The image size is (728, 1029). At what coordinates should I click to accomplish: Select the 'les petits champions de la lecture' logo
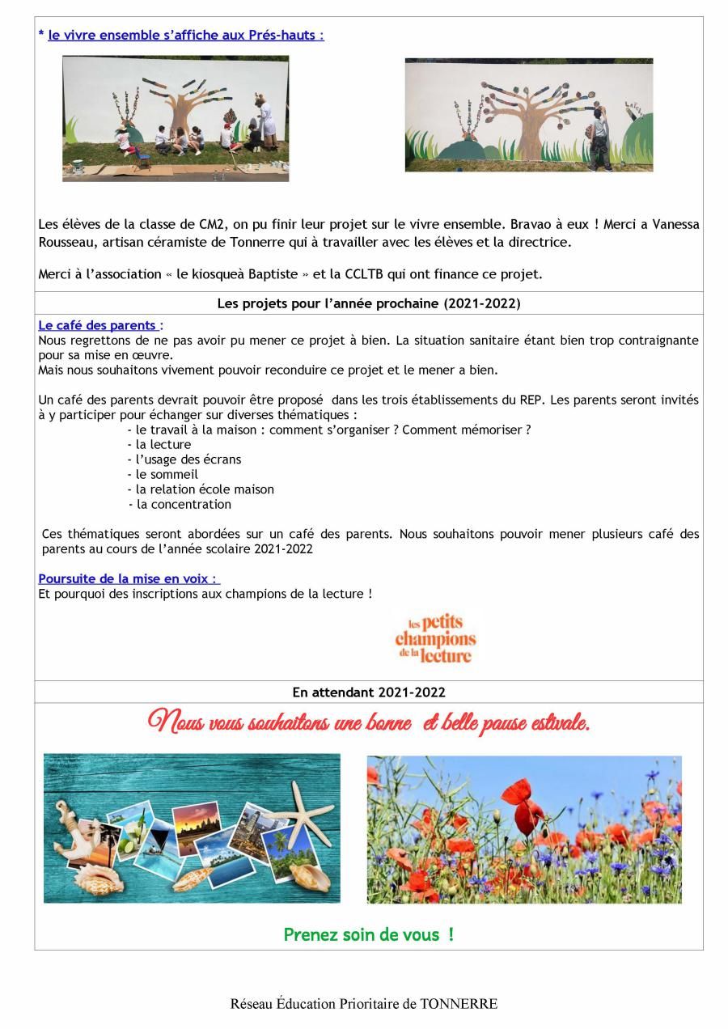pos(435,638)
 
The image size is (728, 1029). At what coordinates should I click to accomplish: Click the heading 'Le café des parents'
pos(97,326)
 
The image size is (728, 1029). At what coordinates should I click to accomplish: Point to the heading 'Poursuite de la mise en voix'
pos(127,579)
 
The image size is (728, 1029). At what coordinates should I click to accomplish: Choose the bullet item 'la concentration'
pos(183,505)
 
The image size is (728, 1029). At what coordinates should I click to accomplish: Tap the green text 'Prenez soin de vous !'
pos(368,935)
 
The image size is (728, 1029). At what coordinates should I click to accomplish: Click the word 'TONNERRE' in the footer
pos(459,1004)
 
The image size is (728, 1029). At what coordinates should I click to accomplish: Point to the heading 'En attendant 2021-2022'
pos(368,692)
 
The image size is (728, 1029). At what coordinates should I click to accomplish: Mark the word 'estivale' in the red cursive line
pos(559,722)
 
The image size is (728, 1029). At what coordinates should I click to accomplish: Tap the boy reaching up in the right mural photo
pos(600,138)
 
